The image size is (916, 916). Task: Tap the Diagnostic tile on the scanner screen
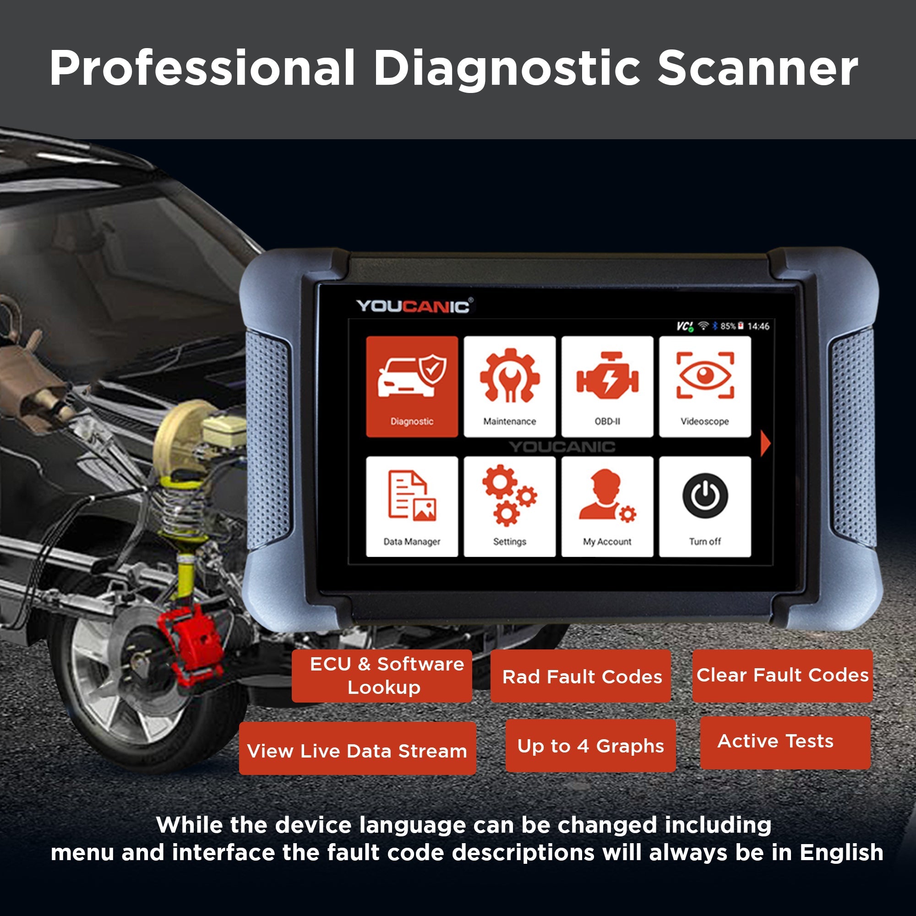(x=412, y=387)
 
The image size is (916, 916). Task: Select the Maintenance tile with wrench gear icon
(x=509, y=387)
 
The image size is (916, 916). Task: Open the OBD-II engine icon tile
(x=607, y=387)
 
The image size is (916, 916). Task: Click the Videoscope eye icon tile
(x=704, y=387)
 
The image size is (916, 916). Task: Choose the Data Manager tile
(x=412, y=507)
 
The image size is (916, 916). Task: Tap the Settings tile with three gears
(x=509, y=507)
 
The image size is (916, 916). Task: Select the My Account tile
(x=607, y=507)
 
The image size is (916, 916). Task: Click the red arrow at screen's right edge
(x=765, y=444)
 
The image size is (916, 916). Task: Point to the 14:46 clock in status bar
(x=758, y=326)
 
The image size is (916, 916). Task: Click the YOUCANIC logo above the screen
(x=414, y=306)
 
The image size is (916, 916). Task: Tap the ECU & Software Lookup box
(x=382, y=676)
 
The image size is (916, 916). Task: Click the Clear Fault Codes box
(x=782, y=675)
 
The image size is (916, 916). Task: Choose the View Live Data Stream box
(x=357, y=751)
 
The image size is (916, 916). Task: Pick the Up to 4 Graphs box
(x=590, y=745)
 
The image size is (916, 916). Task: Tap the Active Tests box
(x=785, y=741)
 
